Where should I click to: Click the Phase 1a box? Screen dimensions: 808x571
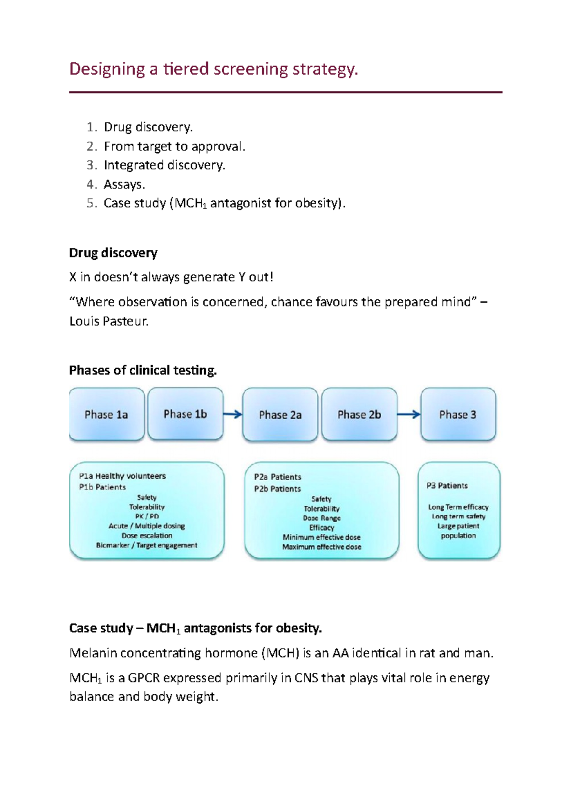[x=107, y=414]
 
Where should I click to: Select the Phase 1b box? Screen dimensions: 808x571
[x=185, y=414]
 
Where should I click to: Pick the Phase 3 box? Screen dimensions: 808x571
[x=458, y=414]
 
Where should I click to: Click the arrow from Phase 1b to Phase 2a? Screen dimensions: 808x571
[x=232, y=414]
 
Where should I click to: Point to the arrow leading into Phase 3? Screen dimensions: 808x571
[x=408, y=414]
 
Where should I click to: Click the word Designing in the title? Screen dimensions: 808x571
[x=107, y=69]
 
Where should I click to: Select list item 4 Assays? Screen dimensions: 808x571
[x=124, y=184]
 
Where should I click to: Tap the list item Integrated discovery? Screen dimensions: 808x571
[x=164, y=165]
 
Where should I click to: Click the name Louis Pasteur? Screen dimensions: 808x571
[x=108, y=321]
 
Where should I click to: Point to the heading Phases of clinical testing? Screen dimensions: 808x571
[x=143, y=370]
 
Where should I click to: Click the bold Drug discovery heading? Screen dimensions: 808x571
[x=113, y=253]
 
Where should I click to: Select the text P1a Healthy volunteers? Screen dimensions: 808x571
[x=122, y=476]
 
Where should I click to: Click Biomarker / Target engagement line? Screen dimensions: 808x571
[x=147, y=545]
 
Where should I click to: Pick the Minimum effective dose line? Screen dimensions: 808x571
[x=322, y=537]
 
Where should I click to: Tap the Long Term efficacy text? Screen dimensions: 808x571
[x=458, y=507]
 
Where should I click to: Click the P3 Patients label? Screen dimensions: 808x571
[x=447, y=486]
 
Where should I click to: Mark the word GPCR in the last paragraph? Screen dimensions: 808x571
[x=143, y=678]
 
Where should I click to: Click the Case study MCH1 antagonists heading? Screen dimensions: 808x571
[x=195, y=628]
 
